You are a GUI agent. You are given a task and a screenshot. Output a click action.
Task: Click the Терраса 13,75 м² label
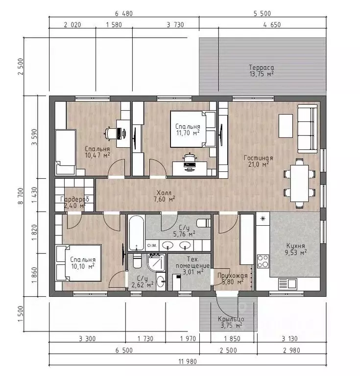[262, 70]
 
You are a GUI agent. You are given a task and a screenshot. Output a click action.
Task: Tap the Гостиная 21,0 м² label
[258, 161]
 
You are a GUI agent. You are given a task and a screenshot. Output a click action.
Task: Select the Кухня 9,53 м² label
[296, 249]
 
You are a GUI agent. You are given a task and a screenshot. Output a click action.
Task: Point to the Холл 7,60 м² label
[164, 196]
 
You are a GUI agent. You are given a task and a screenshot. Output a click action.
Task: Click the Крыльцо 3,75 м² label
[231, 322]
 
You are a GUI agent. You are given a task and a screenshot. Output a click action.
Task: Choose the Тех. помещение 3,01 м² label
[192, 265]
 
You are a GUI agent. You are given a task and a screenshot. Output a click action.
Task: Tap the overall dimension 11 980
[188, 361]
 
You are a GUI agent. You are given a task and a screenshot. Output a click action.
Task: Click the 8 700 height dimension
[21, 196]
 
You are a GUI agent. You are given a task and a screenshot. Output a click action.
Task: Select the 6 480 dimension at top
[124, 13]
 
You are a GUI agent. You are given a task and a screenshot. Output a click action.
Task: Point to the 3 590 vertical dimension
[35, 137]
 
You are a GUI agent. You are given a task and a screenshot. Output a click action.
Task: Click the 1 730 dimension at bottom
[145, 339]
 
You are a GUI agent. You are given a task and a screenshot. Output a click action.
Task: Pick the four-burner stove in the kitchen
[263, 261]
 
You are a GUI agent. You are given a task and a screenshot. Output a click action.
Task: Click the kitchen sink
[288, 284]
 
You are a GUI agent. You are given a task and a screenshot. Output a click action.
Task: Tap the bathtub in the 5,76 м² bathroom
[137, 233]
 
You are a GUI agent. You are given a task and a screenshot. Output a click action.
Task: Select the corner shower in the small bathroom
[156, 262]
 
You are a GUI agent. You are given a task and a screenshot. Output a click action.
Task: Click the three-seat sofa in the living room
[308, 129]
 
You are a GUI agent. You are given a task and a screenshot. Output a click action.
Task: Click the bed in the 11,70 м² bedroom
[192, 129]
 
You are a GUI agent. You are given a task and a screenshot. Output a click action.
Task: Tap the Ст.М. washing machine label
[152, 246]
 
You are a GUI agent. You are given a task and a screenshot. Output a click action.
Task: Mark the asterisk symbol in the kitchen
[263, 219]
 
